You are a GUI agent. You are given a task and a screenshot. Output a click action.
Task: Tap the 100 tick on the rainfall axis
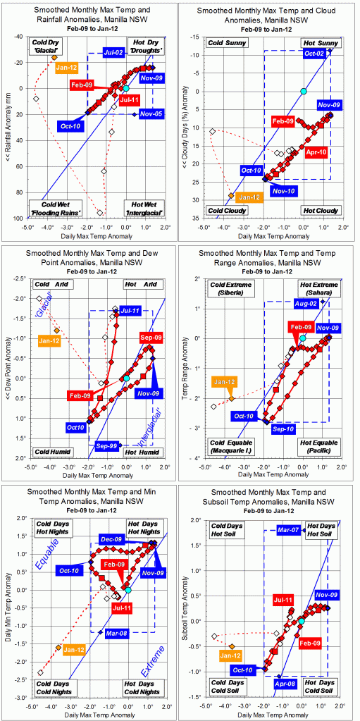[20, 218]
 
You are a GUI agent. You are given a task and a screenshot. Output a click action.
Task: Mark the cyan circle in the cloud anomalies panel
[303, 92]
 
